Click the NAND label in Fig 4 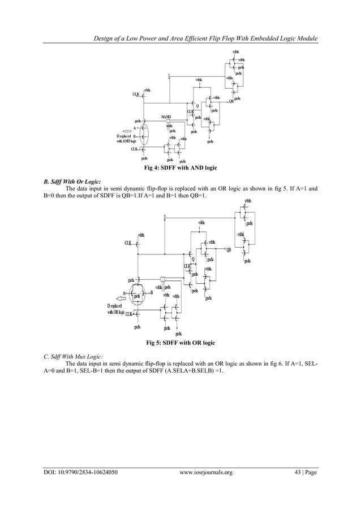tap(166, 116)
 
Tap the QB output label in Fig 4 tap(231, 102)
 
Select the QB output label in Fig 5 tap(229, 250)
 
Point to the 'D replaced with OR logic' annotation tap(116, 310)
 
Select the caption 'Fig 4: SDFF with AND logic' tap(181, 168)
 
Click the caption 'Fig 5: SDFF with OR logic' tap(180, 343)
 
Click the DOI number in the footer tap(81, 472)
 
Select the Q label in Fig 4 tap(197, 106)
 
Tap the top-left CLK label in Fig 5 tap(128, 243)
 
